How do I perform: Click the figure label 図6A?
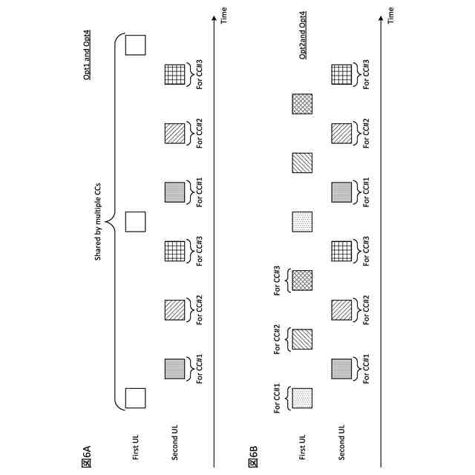tap(86, 454)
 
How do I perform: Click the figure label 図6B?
tap(253, 454)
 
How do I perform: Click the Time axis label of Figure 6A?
tap(224, 13)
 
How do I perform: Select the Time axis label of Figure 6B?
tap(391, 13)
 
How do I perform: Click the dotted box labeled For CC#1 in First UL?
tap(302, 397)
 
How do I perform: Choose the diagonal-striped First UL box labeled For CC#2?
tap(302, 339)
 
